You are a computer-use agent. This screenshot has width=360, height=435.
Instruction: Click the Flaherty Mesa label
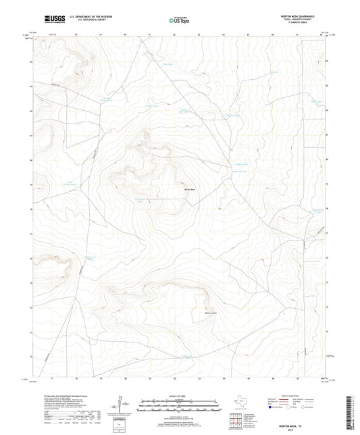pos(192,313)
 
